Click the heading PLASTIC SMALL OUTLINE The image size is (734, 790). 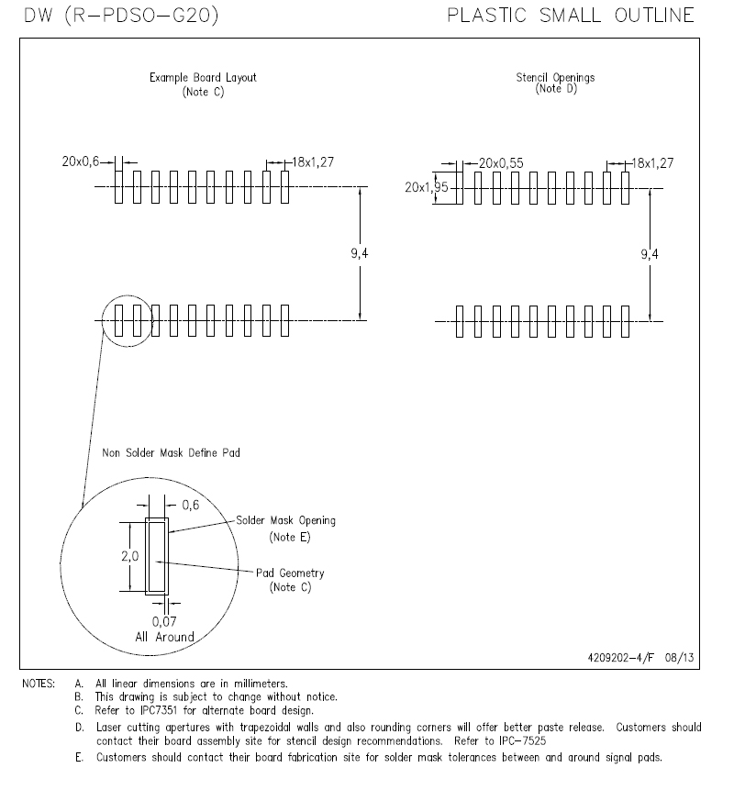pyautogui.click(x=570, y=16)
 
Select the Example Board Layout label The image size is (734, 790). pyautogui.click(x=203, y=78)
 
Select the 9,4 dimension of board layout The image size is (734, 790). pyautogui.click(x=360, y=253)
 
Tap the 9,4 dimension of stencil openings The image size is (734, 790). pyautogui.click(x=650, y=253)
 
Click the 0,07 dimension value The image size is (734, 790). pyautogui.click(x=165, y=622)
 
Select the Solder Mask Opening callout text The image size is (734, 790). pyautogui.click(x=285, y=520)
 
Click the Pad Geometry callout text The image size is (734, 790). pyautogui.click(x=290, y=573)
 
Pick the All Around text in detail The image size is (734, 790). pyautogui.click(x=164, y=637)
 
